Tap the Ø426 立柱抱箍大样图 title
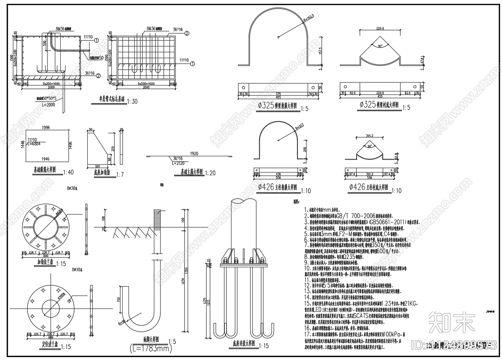[277, 187]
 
